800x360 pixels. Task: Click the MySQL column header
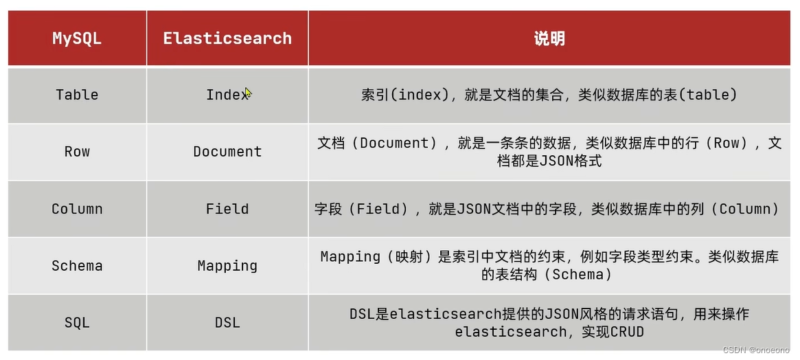click(77, 38)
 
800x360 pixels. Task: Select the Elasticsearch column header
click(227, 38)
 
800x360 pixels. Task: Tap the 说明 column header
click(549, 38)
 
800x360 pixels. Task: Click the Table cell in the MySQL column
click(77, 95)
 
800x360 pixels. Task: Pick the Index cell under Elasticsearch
click(227, 95)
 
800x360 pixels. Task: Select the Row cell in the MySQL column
click(77, 152)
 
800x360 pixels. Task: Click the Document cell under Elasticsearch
click(227, 152)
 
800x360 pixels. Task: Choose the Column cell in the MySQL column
click(77, 209)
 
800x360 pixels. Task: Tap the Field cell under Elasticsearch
click(227, 209)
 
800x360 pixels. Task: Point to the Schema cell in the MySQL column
click(77, 266)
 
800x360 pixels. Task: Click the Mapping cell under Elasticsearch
click(227, 266)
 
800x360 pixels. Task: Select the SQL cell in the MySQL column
click(77, 322)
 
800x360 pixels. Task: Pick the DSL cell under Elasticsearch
click(227, 322)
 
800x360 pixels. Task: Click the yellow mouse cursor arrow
click(248, 93)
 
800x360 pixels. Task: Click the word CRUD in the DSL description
click(627, 332)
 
